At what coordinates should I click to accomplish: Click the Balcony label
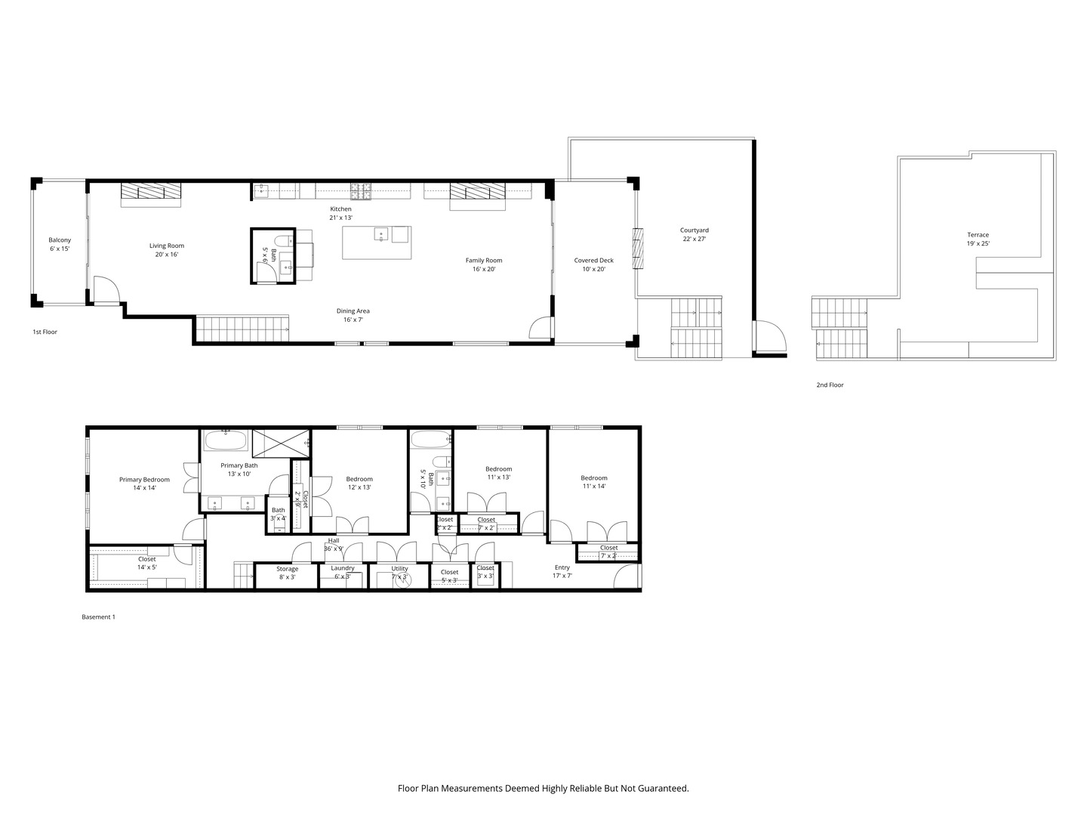coord(60,240)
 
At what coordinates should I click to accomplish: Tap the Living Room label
coord(166,246)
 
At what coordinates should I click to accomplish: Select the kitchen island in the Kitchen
coord(377,243)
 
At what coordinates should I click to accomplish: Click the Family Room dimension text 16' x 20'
coord(483,269)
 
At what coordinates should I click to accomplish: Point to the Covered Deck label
coord(593,261)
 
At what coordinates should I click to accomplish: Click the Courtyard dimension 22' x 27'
coord(694,239)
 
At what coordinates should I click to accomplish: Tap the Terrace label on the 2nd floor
coord(978,235)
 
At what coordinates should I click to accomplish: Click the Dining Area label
coord(353,311)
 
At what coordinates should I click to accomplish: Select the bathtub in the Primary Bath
coord(225,440)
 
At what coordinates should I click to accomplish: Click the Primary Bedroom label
coord(144,480)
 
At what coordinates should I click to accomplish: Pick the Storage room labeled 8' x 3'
coord(287,573)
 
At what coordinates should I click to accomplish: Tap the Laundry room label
coord(343,568)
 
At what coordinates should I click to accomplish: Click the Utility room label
coord(399,568)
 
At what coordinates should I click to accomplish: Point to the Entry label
coord(562,567)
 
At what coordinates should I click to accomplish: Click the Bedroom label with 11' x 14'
coord(593,478)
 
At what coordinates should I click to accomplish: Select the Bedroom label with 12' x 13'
coord(359,479)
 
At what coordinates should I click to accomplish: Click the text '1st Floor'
coord(45,332)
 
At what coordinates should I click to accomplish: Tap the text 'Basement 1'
coord(98,617)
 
